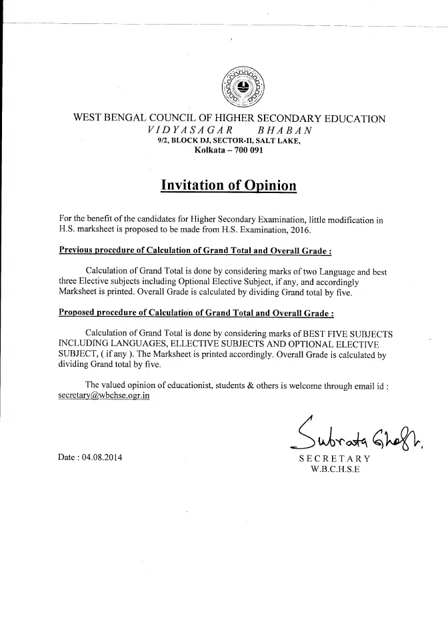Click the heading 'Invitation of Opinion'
click(229, 185)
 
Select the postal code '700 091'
click(246, 151)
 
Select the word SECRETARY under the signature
click(335, 459)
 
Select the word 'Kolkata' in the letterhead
click(209, 151)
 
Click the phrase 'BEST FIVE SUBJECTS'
click(347, 332)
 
